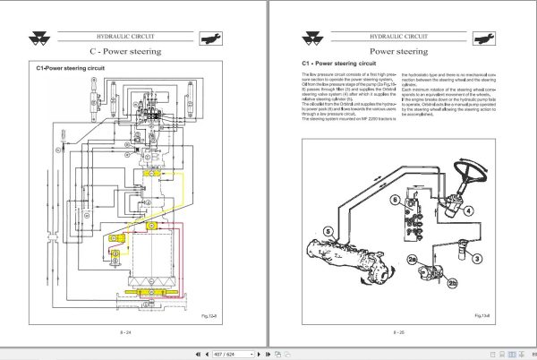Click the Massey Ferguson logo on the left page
point(43,37)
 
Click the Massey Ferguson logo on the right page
point(294,37)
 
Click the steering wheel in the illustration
point(471,170)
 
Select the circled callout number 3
point(478,259)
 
